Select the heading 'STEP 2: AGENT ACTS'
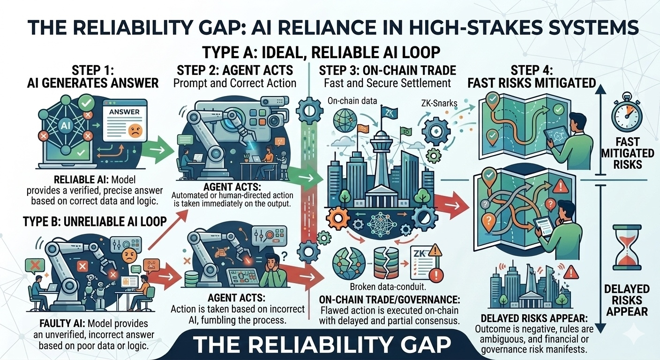coord(235,71)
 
